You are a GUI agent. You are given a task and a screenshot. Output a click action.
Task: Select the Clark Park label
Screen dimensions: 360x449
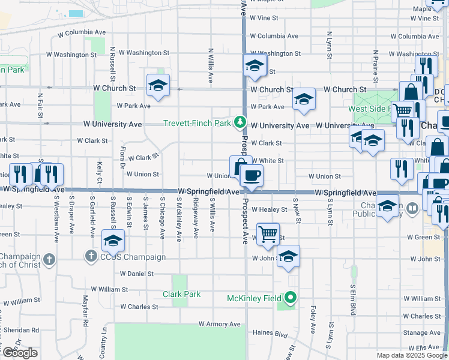(181, 294)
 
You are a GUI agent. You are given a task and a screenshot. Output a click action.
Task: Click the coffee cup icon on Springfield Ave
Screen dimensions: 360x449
(252, 175)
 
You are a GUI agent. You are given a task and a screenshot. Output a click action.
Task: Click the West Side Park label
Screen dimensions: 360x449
(369, 109)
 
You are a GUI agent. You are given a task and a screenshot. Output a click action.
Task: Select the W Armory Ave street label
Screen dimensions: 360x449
(220, 324)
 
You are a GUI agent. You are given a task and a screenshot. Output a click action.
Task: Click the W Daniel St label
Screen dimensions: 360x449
(137, 274)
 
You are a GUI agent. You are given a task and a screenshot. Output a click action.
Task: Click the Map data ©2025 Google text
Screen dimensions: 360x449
(412, 355)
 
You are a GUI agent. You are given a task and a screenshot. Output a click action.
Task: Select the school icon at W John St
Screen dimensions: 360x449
(289, 256)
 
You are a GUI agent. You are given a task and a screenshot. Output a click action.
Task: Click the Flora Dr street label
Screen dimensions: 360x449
(122, 157)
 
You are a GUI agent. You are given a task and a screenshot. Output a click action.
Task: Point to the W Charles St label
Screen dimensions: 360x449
(139, 307)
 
